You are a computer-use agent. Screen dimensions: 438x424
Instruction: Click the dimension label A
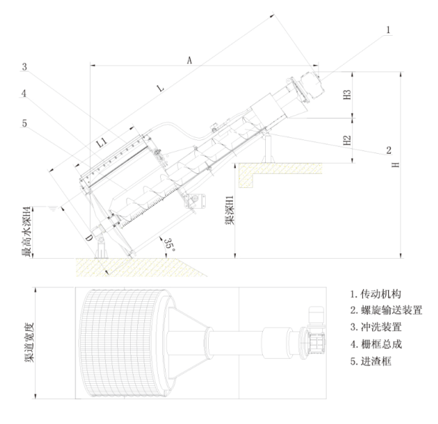[x=189, y=60]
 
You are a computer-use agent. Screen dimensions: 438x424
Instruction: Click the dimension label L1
[x=102, y=142]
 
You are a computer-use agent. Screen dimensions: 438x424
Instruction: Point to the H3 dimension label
[x=347, y=94]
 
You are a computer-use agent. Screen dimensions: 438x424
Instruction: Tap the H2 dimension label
[x=347, y=140]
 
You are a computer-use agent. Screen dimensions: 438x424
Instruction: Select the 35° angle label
[x=169, y=244]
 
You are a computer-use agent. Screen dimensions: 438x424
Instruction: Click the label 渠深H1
[x=229, y=210]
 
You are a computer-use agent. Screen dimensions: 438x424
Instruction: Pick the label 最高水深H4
[x=26, y=232]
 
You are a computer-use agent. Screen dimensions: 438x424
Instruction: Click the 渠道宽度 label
[x=29, y=342]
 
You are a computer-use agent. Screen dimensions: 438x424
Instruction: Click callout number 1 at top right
[x=388, y=29]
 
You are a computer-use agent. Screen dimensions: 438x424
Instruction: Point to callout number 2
[x=389, y=150]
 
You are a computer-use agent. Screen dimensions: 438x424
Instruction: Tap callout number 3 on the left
[x=24, y=66]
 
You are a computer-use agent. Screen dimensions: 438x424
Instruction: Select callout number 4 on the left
[x=24, y=93]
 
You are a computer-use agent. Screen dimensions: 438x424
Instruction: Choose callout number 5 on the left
[x=24, y=123]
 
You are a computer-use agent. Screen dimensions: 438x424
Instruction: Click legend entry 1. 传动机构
[x=376, y=294]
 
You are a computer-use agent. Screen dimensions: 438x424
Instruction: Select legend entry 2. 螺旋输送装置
[x=387, y=310]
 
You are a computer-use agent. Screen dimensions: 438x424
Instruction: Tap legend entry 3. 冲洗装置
[x=376, y=327]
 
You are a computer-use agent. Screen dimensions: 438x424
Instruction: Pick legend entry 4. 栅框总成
[x=376, y=345]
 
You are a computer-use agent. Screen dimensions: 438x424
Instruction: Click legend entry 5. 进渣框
[x=371, y=362]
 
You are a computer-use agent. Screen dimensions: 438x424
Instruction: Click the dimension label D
[x=89, y=238]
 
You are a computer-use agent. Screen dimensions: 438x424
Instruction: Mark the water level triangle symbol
[x=52, y=208]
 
